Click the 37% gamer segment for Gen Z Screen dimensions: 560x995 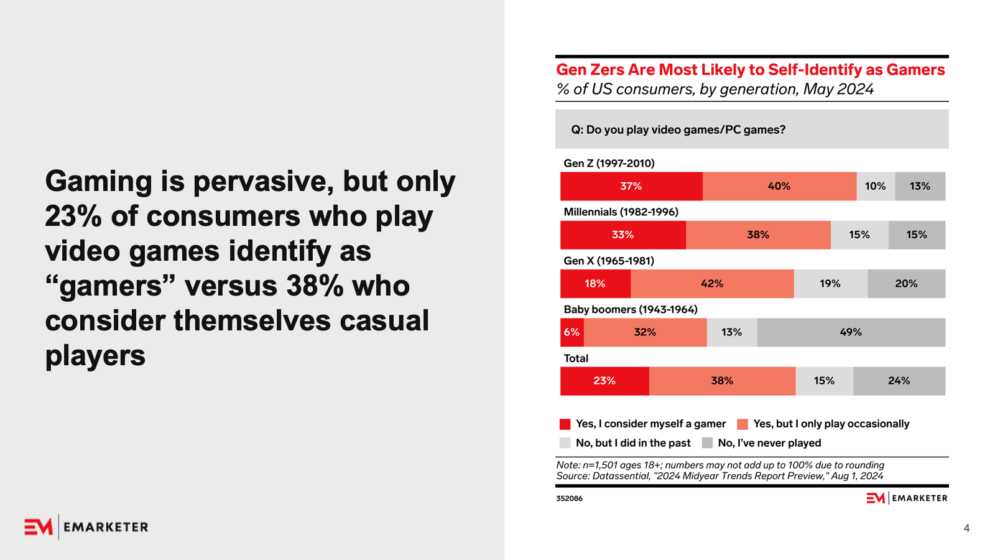(631, 186)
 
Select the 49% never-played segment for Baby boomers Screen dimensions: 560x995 (851, 332)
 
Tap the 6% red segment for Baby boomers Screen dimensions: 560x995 (572, 332)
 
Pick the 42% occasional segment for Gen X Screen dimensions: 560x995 (712, 284)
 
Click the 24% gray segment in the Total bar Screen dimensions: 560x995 (899, 381)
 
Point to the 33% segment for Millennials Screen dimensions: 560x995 (622, 235)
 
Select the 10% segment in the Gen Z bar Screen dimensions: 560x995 (876, 186)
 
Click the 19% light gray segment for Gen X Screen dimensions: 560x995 (830, 284)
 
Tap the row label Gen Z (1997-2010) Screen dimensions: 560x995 (609, 163)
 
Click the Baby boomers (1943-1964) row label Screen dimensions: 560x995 (631, 309)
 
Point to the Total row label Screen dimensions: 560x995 (576, 358)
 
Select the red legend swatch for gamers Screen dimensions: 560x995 (565, 424)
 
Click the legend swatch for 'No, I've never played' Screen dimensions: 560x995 (707, 443)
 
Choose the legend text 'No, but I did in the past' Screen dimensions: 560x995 (633, 443)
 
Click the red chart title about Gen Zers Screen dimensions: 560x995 (750, 70)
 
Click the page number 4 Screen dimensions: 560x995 (966, 528)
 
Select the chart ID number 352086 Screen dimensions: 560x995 (569, 498)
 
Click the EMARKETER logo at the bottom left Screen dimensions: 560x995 (86, 527)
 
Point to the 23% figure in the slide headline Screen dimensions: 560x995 (73, 217)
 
